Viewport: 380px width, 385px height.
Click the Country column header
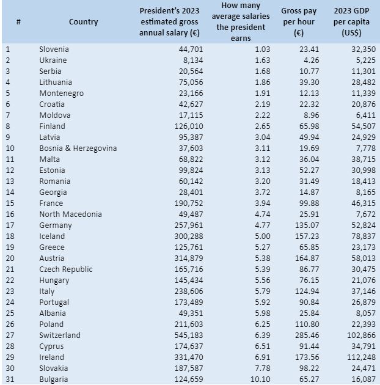tap(84, 22)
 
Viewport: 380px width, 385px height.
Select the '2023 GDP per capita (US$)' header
tap(351, 22)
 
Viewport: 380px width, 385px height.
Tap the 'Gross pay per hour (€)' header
tap(299, 22)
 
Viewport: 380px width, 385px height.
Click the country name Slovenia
tap(54, 49)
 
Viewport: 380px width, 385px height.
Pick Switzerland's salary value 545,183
tap(189, 335)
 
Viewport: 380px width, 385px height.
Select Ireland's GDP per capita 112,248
tap(361, 358)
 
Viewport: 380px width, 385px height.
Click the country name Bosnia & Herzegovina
tap(78, 148)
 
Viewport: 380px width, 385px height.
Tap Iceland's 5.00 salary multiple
tap(263, 237)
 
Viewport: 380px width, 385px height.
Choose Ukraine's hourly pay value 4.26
tap(311, 60)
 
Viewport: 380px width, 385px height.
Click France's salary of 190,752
tap(189, 204)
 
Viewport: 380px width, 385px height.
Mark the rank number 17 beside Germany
tap(10, 225)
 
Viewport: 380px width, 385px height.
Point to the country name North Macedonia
tap(70, 214)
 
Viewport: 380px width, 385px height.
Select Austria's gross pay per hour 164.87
tap(307, 258)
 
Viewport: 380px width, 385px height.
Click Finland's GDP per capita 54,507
tap(364, 127)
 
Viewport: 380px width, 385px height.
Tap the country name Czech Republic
tap(66, 269)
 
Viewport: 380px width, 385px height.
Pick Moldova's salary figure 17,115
tap(191, 115)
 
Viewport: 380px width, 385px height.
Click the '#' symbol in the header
tap(18, 22)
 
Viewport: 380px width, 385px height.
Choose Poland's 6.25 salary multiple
tap(263, 324)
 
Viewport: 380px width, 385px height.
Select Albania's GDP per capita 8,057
tap(366, 313)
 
